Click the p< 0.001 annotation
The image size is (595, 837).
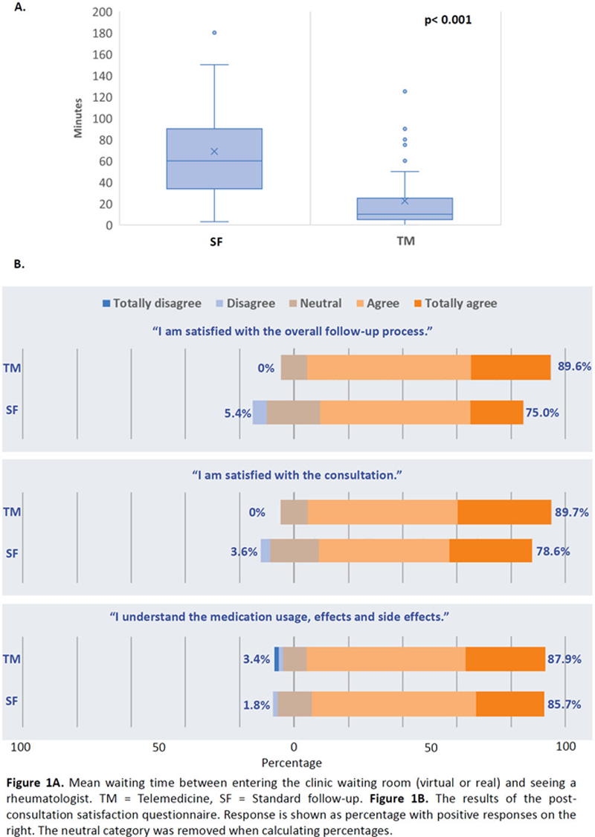(x=444, y=21)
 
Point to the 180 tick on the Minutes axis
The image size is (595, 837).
(x=100, y=33)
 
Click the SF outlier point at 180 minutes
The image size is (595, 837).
(x=214, y=33)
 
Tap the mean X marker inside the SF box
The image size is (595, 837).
(x=214, y=151)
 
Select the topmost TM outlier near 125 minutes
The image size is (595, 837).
(x=405, y=91)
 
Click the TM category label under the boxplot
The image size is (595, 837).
(x=405, y=242)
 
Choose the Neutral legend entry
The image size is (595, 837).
(x=315, y=303)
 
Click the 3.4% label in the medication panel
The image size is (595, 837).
(x=257, y=659)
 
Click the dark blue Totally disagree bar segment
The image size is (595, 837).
(x=277, y=659)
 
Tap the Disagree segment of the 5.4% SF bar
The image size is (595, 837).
(x=260, y=412)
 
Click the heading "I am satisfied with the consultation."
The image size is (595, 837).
(x=297, y=474)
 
